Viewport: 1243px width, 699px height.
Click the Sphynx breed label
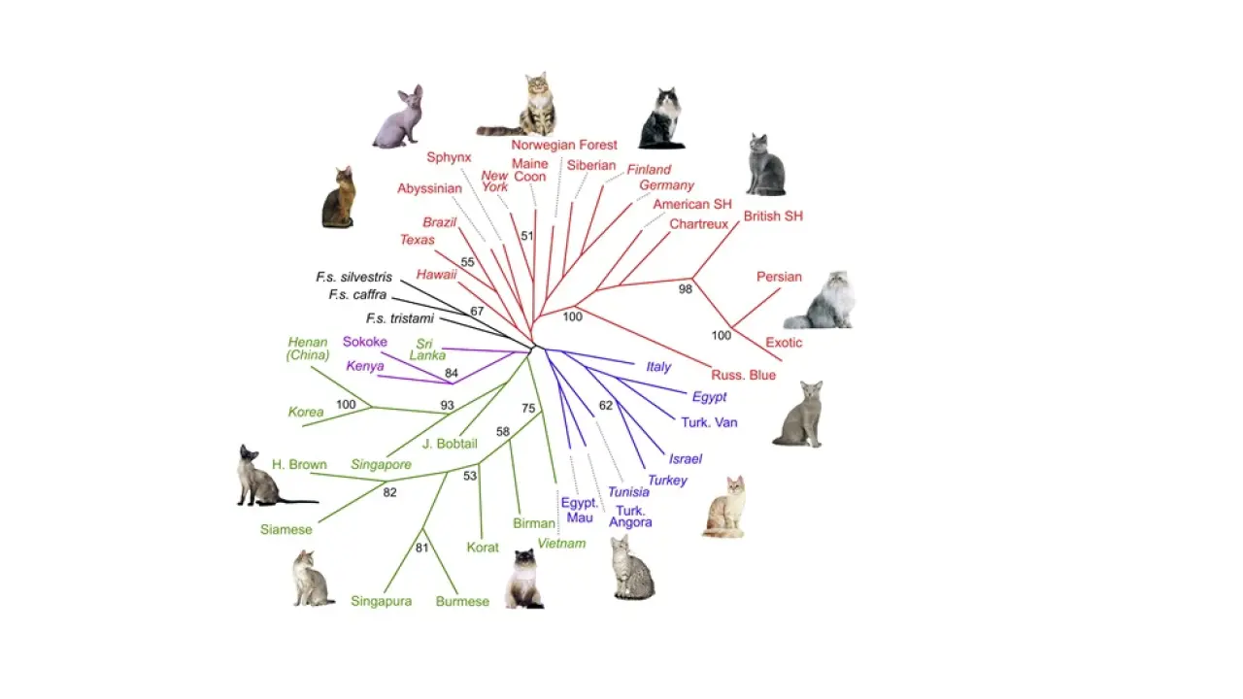pos(449,157)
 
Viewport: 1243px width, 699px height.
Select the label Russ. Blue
pos(743,375)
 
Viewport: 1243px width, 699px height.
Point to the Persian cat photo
pos(822,301)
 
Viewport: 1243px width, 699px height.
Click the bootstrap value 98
pos(686,289)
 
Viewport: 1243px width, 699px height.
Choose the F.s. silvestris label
pos(353,278)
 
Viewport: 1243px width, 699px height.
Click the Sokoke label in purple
pos(365,342)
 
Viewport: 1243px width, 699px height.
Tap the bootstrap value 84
pos(452,373)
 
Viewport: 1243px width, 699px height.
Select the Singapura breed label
pos(382,601)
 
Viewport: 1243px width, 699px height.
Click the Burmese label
pos(462,601)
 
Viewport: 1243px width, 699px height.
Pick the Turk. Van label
pos(709,422)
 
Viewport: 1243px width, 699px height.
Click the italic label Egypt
pos(709,397)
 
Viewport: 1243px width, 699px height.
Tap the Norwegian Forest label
pos(564,145)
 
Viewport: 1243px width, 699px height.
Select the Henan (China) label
pos(308,349)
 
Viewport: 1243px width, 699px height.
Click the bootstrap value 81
pos(422,548)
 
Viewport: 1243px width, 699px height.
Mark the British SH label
pos(773,216)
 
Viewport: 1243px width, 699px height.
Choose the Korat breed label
pos(483,548)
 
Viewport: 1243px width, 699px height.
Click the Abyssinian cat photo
pos(339,198)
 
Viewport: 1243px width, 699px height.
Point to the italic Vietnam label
pos(561,544)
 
